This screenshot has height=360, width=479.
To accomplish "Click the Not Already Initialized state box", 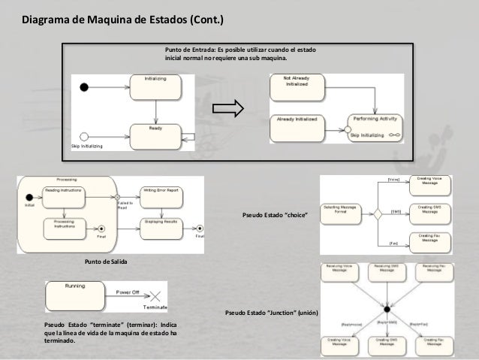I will point(296,82).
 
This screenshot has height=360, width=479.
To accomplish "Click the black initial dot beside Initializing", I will point(85,86).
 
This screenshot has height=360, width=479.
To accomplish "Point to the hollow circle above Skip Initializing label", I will point(84,138).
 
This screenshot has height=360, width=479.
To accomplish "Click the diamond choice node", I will point(378,212).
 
